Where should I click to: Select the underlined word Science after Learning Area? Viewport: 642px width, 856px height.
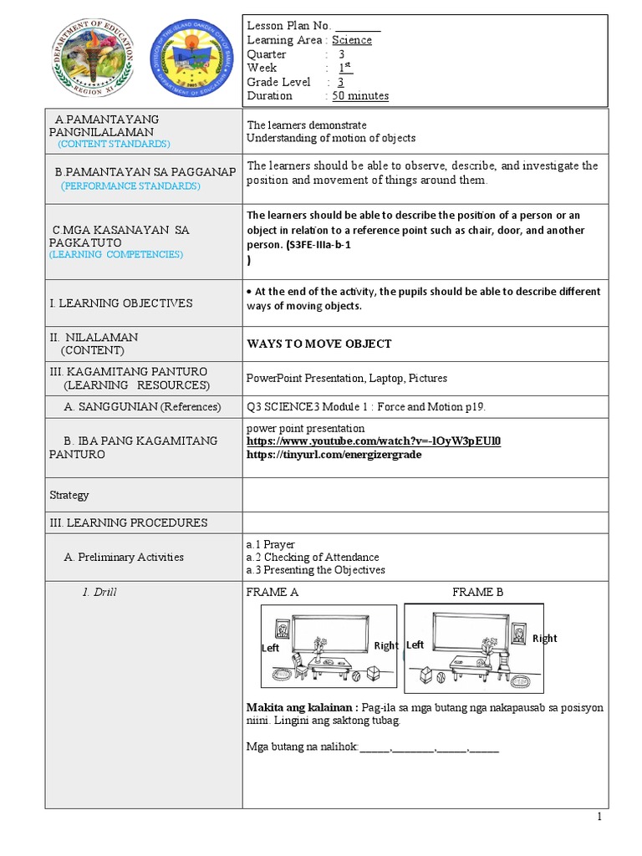pyautogui.click(x=352, y=40)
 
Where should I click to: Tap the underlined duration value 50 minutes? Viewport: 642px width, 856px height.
pyautogui.click(x=360, y=96)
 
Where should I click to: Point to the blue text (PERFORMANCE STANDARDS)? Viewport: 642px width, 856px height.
pyautogui.click(x=130, y=186)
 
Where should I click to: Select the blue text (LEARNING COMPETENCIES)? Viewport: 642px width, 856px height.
pyautogui.click(x=115, y=253)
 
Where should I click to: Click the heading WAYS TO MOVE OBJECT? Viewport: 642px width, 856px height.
pyautogui.click(x=319, y=344)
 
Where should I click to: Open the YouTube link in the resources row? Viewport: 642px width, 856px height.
pyautogui.click(x=374, y=441)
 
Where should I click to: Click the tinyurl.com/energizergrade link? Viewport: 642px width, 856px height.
pyautogui.click(x=334, y=454)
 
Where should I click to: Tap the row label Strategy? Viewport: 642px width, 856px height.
pyautogui.click(x=69, y=495)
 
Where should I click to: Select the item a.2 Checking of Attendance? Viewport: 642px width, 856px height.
pyautogui.click(x=313, y=557)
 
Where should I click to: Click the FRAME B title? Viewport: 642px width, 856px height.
pyautogui.click(x=478, y=592)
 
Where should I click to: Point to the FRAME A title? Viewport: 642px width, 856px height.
pyautogui.click(x=273, y=592)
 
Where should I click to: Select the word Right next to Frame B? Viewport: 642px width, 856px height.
pyautogui.click(x=544, y=639)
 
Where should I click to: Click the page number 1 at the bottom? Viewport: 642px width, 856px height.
pyautogui.click(x=599, y=818)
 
